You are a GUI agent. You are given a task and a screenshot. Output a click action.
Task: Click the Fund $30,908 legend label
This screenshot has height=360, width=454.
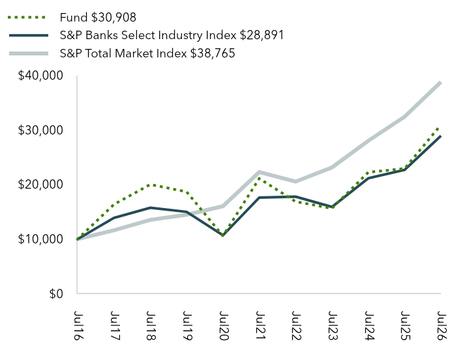point(98,18)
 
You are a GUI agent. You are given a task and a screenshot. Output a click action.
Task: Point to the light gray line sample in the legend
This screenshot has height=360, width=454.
point(29,53)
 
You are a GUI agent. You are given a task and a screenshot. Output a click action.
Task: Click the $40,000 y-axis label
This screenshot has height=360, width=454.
point(40,76)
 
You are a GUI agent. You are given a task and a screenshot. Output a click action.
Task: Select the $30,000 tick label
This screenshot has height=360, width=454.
point(40,130)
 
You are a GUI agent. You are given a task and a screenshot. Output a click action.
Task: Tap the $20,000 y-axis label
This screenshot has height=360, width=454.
point(40,185)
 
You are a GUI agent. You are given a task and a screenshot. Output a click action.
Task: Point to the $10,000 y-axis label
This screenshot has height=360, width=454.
point(40,239)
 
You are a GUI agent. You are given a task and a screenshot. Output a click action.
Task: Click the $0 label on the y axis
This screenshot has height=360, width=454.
point(56,293)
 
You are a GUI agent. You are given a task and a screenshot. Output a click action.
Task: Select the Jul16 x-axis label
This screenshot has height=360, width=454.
point(78,325)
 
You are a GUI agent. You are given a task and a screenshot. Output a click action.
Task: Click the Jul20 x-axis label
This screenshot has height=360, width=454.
point(224,325)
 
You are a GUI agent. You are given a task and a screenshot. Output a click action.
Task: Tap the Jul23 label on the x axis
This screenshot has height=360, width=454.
point(333,325)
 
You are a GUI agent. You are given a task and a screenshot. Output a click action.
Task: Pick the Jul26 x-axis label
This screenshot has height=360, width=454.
point(442,325)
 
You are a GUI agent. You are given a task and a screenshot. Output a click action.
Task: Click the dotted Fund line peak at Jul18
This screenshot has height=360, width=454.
point(149,185)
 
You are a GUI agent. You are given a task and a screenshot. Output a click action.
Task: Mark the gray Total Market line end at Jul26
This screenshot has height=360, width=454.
point(440,82)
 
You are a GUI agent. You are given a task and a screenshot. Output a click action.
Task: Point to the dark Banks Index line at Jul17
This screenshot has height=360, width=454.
point(113,218)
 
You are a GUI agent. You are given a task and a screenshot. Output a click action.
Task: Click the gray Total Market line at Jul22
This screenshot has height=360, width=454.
point(295,181)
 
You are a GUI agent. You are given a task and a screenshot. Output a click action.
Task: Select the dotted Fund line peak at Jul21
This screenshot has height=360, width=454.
point(258,178)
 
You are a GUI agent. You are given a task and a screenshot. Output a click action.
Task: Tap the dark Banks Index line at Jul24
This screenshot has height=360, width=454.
point(368,178)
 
